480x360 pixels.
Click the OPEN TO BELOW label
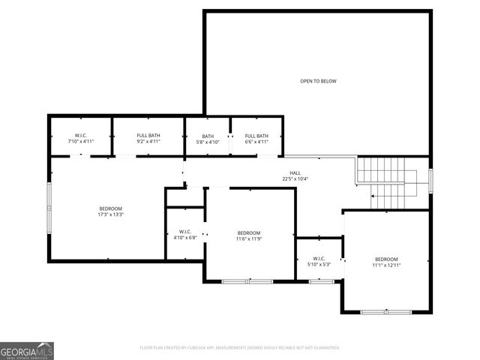[x=318, y=81]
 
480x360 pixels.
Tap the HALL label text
[x=295, y=172]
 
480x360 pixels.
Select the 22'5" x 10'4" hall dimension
[x=295, y=179]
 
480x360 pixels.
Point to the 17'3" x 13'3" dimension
[x=110, y=214]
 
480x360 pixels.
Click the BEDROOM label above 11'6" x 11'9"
[x=249, y=232]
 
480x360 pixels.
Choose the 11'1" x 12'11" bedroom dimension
[x=386, y=265]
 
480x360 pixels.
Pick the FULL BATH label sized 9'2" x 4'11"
[x=148, y=136]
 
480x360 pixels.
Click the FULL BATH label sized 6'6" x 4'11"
[x=256, y=136]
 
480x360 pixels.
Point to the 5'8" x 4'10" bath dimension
[x=208, y=142]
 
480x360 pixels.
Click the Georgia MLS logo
[x=27, y=350]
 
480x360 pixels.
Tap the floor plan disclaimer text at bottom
[x=240, y=348]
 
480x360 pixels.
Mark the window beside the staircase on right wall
[x=430, y=182]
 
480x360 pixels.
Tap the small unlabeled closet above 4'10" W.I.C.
[x=185, y=197]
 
